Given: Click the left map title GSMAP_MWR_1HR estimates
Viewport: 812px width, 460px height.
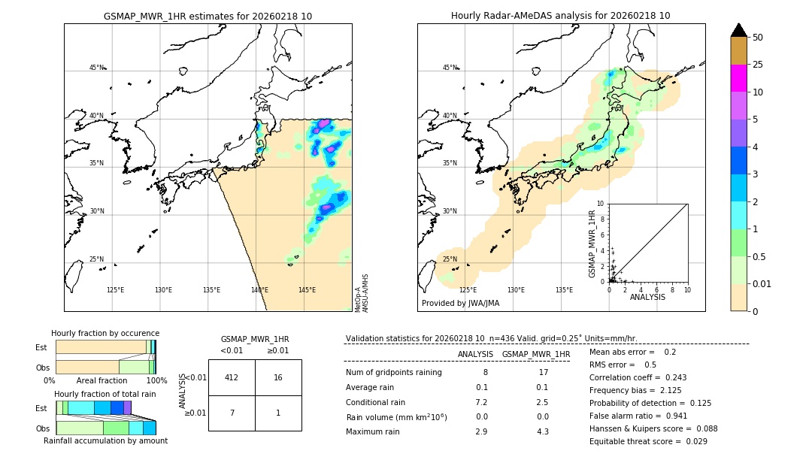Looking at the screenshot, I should point(208,16).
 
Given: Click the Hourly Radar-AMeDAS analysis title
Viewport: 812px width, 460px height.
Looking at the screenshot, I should point(561,16).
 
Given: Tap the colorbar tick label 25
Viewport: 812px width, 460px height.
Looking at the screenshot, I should point(758,65).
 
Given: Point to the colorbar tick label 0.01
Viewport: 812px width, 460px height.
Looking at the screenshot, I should point(762,283).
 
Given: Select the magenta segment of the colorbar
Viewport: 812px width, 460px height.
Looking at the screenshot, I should point(738,78).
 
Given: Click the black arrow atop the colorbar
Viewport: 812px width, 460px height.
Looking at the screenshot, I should point(738,30).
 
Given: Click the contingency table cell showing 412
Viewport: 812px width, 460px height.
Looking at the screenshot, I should point(232,377).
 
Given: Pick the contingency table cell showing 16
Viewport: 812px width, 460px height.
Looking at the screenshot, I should point(278,377).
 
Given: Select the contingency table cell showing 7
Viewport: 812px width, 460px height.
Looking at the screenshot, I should point(232,413).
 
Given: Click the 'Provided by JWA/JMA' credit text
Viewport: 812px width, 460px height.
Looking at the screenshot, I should point(460,304).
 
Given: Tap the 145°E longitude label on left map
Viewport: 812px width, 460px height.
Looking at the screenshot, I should point(307,290).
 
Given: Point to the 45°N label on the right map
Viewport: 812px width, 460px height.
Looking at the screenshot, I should point(450,68).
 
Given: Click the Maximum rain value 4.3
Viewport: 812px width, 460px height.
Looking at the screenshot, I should point(544,431).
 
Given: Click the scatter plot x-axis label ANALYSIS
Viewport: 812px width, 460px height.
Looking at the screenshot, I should point(647,297).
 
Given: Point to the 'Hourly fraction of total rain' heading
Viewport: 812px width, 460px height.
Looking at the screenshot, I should point(105,394).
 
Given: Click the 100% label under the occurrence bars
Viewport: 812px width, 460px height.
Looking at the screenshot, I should point(156,381).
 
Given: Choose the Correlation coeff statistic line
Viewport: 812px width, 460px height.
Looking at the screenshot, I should point(638,377).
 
